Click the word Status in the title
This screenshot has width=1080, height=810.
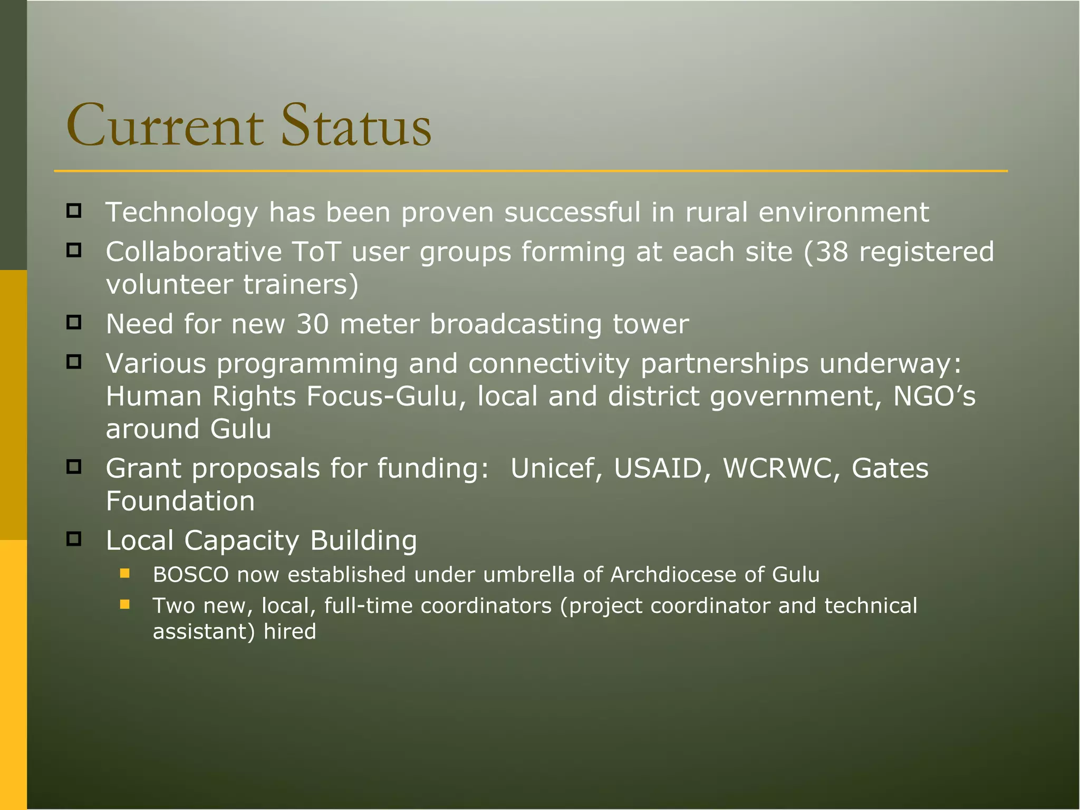pyautogui.click(x=356, y=127)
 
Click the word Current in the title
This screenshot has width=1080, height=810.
pyautogui.click(x=165, y=127)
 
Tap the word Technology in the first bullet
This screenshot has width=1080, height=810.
pyautogui.click(x=182, y=213)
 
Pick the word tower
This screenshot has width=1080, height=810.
pyautogui.click(x=651, y=324)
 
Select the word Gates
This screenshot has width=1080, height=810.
pyautogui.click(x=890, y=468)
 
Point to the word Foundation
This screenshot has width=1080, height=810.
pyautogui.click(x=180, y=501)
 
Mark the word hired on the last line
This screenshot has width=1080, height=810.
pyautogui.click(x=290, y=632)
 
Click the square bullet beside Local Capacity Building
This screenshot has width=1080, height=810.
pyautogui.click(x=74, y=539)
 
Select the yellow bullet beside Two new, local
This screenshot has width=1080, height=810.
pyautogui.click(x=125, y=604)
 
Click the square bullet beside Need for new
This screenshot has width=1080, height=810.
pyautogui.click(x=74, y=322)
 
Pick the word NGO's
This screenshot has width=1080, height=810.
pyautogui.click(x=934, y=396)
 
